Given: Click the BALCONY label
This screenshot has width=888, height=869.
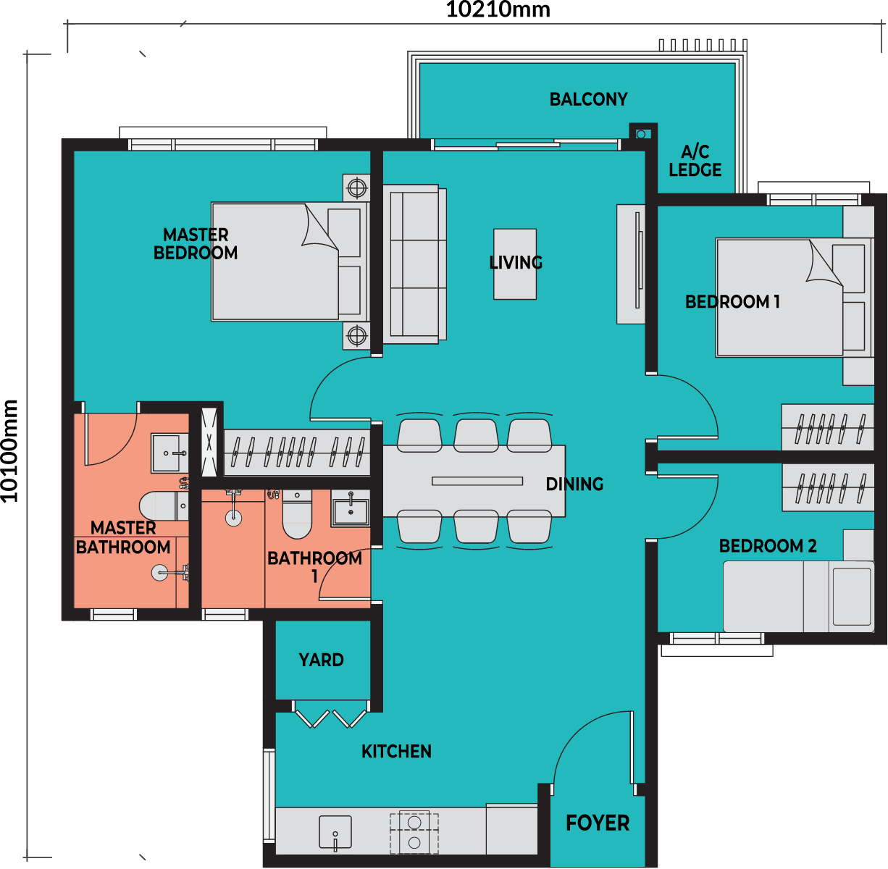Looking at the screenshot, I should point(588,99).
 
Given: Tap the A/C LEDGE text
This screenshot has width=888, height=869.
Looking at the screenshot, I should point(695,161).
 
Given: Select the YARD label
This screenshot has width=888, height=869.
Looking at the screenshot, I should point(321,660).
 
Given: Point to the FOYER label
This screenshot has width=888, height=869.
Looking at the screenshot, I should point(597,823).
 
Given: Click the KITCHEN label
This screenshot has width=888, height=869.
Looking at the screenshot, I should point(396,752).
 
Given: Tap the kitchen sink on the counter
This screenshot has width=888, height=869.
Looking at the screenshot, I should point(335,832).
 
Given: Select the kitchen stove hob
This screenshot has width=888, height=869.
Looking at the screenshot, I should point(414,832).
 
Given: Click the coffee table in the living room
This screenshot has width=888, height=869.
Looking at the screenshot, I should point(515,264).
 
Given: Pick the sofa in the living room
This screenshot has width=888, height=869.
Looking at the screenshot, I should point(414,264).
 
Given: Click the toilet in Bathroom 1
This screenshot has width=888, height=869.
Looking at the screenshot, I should point(296,515).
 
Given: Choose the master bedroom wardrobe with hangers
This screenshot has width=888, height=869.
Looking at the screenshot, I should point(297,453).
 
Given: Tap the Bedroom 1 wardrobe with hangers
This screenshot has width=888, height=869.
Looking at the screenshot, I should point(827,428).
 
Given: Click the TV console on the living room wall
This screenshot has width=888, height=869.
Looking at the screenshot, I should point(631,264).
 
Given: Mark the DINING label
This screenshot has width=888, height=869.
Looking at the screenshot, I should point(574,484).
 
